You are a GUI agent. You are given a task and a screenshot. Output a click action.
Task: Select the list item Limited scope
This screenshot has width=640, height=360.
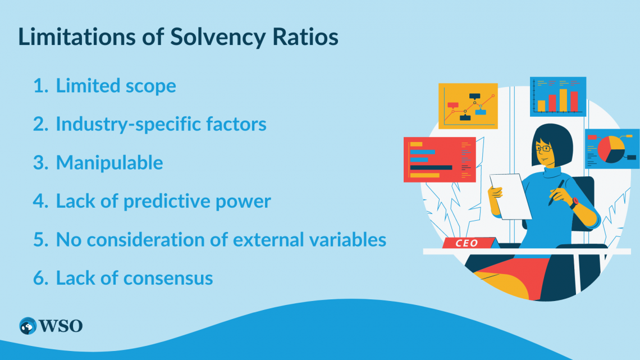116,86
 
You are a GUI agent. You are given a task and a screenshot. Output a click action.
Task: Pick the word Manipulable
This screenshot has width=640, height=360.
109,163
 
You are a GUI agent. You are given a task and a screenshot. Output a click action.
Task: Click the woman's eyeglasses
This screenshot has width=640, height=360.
543,149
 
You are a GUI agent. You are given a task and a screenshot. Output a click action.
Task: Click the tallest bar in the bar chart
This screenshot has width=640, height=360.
563,100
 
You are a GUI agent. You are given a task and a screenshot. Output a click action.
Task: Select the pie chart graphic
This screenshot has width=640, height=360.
611,148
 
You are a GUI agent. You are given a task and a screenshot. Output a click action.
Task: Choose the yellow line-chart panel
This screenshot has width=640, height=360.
468,106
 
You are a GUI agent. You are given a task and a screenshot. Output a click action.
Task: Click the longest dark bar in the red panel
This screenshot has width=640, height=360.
431,167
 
